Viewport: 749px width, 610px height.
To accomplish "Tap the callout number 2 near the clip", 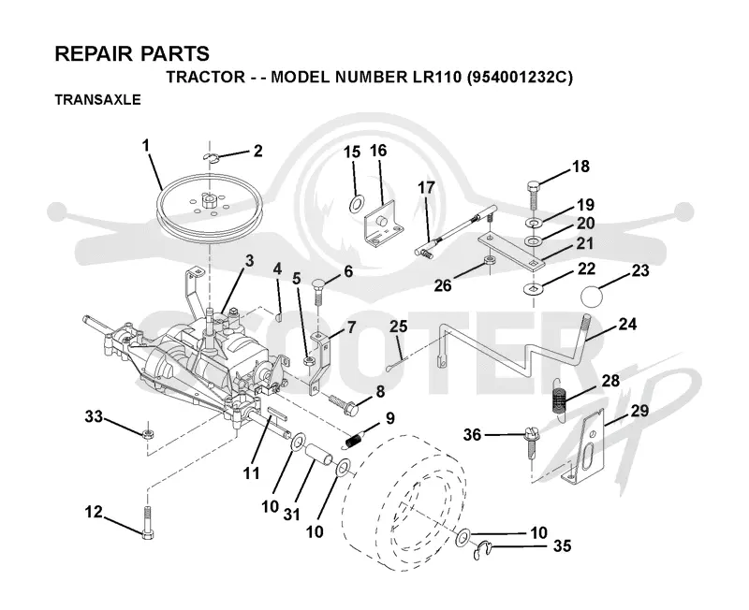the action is (258, 152).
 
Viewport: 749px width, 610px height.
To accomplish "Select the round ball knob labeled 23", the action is (592, 296).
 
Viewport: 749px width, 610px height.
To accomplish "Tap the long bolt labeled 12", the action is (147, 523).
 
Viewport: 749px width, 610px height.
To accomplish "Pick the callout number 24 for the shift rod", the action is (627, 324).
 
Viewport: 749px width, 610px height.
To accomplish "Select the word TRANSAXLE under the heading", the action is (98, 100).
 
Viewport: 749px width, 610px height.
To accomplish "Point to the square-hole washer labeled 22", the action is (531, 289).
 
